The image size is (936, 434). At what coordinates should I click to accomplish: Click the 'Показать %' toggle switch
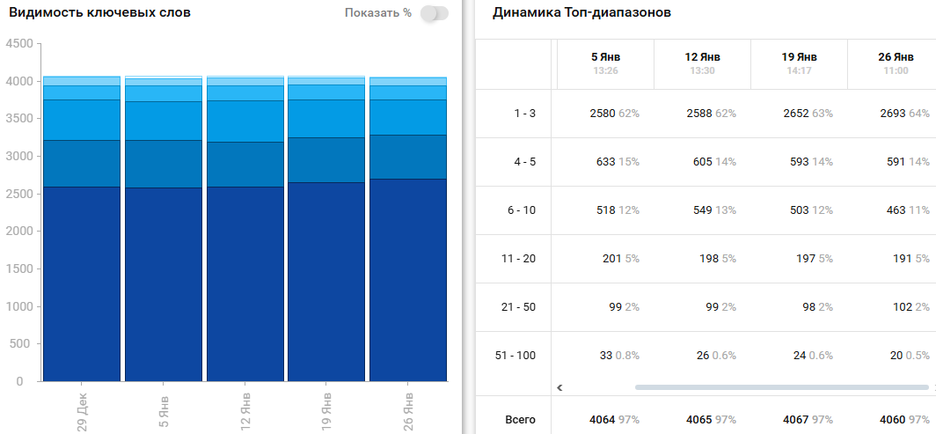[x=435, y=13]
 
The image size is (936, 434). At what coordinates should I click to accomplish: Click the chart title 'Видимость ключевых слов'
[x=99, y=12]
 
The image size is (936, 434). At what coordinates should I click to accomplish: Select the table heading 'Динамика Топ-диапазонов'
[x=581, y=12]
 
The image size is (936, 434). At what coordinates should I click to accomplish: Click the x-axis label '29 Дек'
[x=82, y=406]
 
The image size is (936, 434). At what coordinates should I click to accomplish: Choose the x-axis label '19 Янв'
[x=327, y=406]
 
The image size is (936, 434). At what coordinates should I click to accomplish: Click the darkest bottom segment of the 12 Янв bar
[x=245, y=282]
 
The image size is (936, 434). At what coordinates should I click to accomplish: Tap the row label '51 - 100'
[x=516, y=356]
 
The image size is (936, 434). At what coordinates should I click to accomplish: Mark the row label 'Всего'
[x=520, y=420]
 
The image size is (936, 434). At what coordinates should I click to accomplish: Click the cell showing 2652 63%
[x=807, y=114]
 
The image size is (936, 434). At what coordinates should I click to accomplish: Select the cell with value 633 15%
[x=614, y=162]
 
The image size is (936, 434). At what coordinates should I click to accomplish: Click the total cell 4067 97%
[x=807, y=420]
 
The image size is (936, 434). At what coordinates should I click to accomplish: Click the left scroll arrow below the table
[x=559, y=386]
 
